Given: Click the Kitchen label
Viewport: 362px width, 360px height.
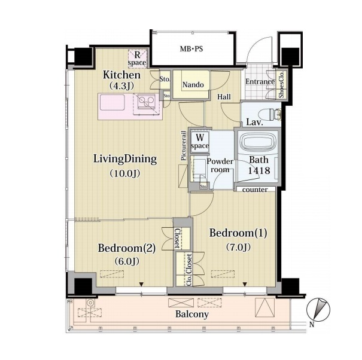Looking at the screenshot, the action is tap(121, 75).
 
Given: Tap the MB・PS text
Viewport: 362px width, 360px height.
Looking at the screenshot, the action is tap(191, 49).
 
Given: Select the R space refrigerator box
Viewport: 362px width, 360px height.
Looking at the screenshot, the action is tap(138, 59).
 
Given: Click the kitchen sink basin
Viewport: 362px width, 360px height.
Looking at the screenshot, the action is tap(112, 103).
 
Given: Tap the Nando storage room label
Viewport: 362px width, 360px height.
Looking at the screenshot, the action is tap(193, 85).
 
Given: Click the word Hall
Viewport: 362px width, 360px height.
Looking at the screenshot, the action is tap(224, 97).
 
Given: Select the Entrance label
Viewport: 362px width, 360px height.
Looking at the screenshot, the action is tap(260, 82).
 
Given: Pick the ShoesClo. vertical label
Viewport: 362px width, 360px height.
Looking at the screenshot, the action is tap(282, 85).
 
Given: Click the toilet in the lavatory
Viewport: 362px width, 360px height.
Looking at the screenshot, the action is tap(270, 115).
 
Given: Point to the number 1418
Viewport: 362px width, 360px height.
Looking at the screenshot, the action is tap(259, 170).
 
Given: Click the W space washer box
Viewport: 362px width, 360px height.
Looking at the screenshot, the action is tap(200, 142).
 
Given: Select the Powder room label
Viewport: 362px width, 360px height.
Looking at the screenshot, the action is tap(220, 166).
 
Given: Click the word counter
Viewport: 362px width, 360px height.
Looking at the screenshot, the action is tap(255, 190).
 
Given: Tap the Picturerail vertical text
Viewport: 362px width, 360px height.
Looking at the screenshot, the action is tap(184, 146).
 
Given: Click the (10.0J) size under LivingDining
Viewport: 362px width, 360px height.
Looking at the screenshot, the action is tap(124, 173).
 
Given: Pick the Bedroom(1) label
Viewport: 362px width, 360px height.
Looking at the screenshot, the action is tap(238, 233).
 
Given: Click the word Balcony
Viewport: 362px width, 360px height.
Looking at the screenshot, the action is tap(192, 314).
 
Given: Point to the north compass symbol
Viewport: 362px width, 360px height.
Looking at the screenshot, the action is tap(318, 310).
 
